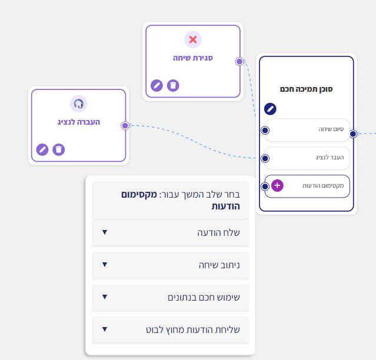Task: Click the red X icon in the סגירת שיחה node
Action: pyautogui.click(x=193, y=39)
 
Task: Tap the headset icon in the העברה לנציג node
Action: pyautogui.click(x=78, y=104)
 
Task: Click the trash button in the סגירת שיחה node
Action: pyautogui.click(x=173, y=85)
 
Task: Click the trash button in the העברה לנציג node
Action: pyautogui.click(x=59, y=149)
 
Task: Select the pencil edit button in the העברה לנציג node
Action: pyautogui.click(x=42, y=149)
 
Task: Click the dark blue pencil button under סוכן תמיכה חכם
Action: pyautogui.click(x=270, y=109)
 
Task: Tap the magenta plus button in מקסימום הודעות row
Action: pyautogui.click(x=278, y=185)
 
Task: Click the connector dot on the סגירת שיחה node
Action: pyautogui.click(x=239, y=62)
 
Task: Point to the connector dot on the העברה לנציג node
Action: pyautogui.click(x=125, y=126)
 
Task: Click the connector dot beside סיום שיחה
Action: pyautogui.click(x=265, y=131)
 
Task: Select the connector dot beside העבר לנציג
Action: pyautogui.click(x=265, y=158)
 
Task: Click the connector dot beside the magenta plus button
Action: pyautogui.click(x=265, y=186)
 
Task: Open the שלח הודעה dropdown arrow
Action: pyautogui.click(x=105, y=232)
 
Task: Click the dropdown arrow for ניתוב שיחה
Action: pyautogui.click(x=105, y=264)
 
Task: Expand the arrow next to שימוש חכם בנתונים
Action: pyautogui.click(x=105, y=296)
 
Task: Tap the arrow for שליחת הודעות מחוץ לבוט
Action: pyautogui.click(x=105, y=329)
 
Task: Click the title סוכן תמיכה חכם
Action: pyautogui.click(x=306, y=89)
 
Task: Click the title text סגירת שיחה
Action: pyautogui.click(x=193, y=58)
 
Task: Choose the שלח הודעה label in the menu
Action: pyautogui.click(x=218, y=232)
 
